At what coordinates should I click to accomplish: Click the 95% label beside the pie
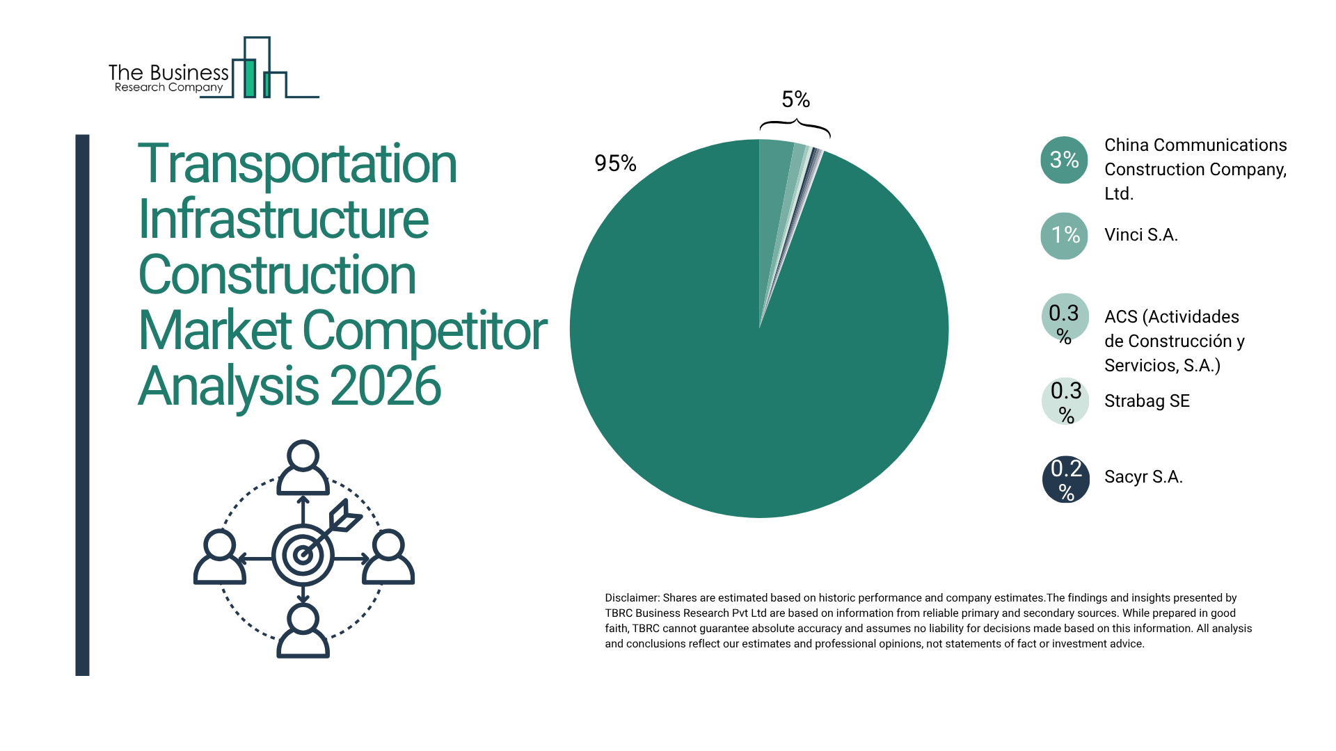tap(615, 163)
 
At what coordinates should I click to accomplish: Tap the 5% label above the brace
tap(795, 99)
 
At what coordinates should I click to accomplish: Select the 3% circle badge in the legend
tap(1064, 160)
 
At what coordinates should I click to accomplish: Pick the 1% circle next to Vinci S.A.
tap(1064, 236)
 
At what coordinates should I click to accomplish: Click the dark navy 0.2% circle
tap(1065, 479)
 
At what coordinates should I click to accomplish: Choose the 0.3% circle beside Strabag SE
tap(1065, 401)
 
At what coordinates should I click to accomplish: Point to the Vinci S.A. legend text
tap(1140, 235)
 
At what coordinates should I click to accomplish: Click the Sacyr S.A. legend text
tap(1143, 477)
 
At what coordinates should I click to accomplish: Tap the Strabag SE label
tap(1147, 401)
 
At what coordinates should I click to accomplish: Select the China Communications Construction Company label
tap(1195, 169)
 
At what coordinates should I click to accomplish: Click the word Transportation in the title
tap(297, 164)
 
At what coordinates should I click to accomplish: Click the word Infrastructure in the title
tap(283, 220)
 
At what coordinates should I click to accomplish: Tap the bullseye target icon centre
tap(303, 555)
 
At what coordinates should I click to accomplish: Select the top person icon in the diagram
tap(303, 467)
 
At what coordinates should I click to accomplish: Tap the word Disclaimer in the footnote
tap(631, 598)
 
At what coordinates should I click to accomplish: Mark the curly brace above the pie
tap(795, 127)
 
